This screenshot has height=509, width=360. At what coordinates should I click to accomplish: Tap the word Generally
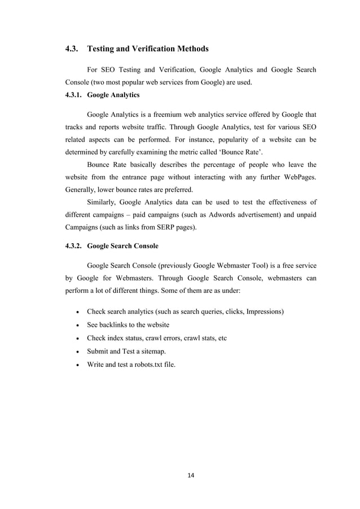coord(81,190)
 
